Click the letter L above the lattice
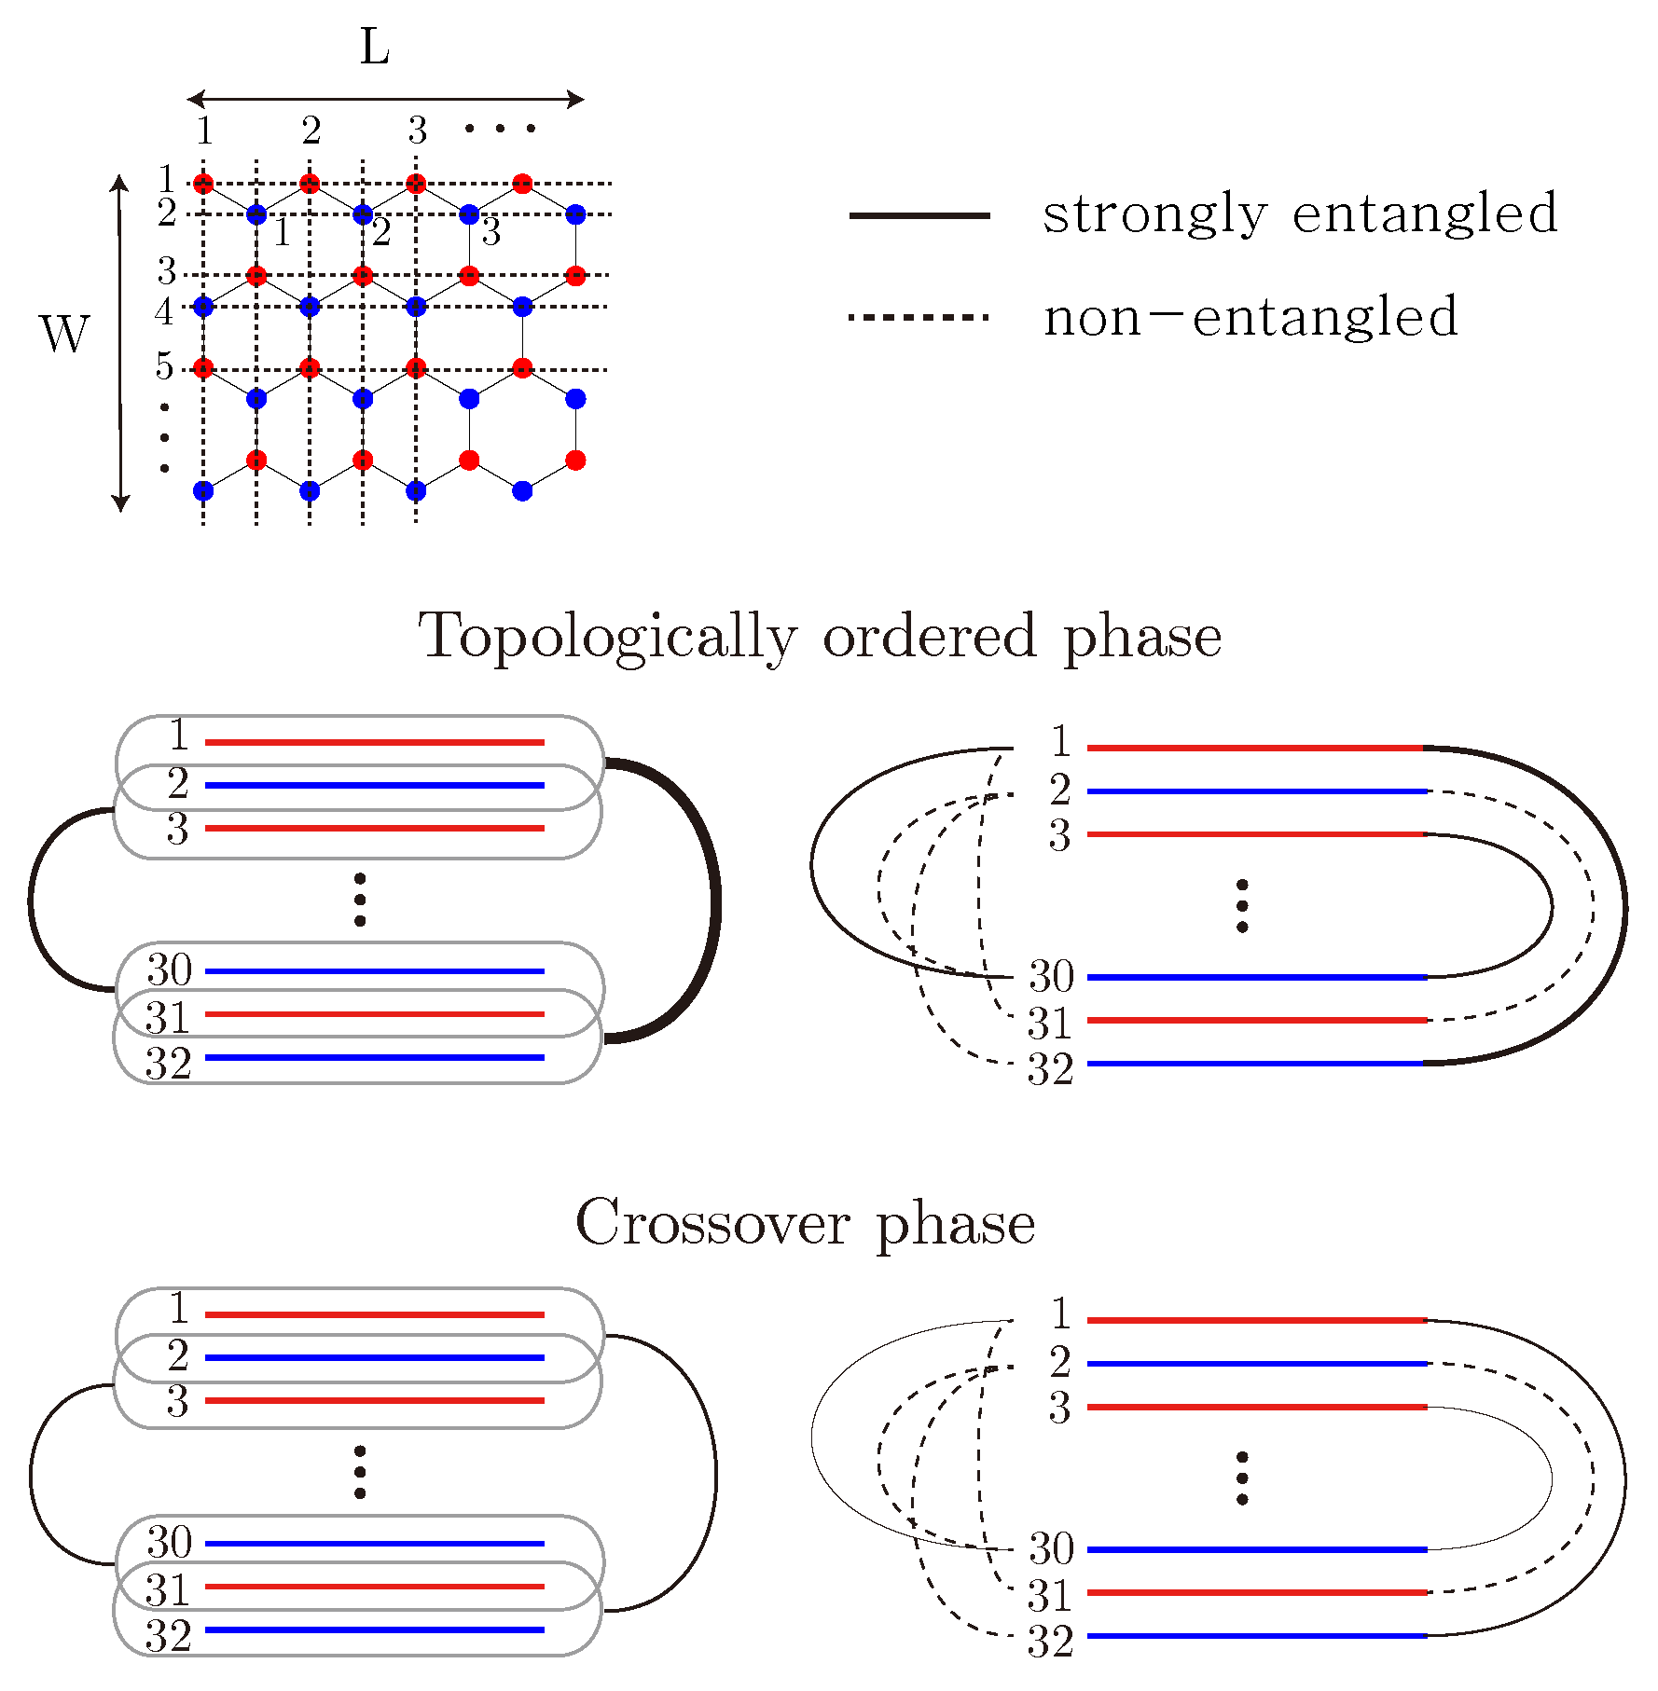click(x=374, y=47)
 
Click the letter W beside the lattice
click(x=65, y=334)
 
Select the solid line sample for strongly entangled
click(x=919, y=215)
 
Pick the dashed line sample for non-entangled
click(x=919, y=318)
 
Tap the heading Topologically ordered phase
click(x=820, y=637)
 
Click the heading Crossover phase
click(x=805, y=1222)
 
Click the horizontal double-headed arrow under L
click(x=385, y=99)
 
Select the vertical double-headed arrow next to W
click(x=119, y=343)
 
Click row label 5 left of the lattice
click(x=164, y=366)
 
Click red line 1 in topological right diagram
click(x=1255, y=748)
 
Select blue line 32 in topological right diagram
click(x=1255, y=1063)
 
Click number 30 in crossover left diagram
click(x=169, y=1543)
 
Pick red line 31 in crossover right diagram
click(x=1255, y=1592)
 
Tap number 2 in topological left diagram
click(x=178, y=784)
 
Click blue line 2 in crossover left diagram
click(x=374, y=1357)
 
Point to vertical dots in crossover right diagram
click(x=1242, y=1478)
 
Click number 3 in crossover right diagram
click(x=1059, y=1408)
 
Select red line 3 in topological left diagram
click(x=374, y=828)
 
